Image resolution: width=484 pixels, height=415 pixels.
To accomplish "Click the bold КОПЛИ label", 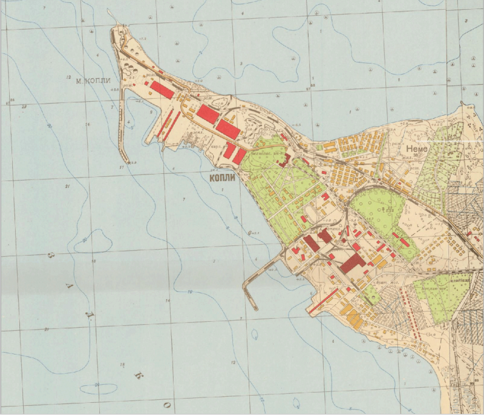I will [221, 179].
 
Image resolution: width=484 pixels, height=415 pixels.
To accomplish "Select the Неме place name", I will [418, 148].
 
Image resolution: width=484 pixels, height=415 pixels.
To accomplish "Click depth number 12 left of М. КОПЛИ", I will [69, 78].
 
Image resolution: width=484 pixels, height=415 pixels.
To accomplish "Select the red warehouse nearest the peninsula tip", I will [162, 89].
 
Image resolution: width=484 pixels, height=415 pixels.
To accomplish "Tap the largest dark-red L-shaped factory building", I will [352, 263].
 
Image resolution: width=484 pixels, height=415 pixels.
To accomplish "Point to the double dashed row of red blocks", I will [416, 315].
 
